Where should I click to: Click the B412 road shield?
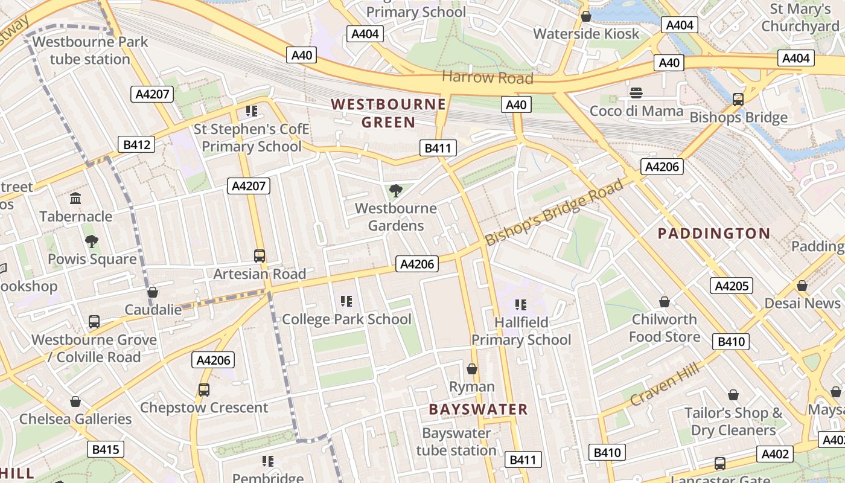[x=136, y=144]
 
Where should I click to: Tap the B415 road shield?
[x=106, y=449]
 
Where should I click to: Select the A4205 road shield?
[x=731, y=286]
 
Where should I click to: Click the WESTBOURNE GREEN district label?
[x=389, y=113]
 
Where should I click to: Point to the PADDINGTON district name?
[x=714, y=234]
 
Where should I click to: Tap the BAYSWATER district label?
[x=478, y=409]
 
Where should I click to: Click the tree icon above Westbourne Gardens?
[x=396, y=191]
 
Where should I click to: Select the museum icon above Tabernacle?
[x=75, y=199]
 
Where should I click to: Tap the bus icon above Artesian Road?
[x=260, y=256]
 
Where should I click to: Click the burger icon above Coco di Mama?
[x=636, y=93]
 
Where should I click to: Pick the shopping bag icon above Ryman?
[x=472, y=369]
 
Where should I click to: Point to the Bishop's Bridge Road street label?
[x=554, y=212]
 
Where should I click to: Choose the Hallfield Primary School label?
[x=521, y=331]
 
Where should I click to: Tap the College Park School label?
[x=346, y=319]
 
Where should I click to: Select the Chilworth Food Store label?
[x=665, y=327]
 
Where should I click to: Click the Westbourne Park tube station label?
[x=90, y=51]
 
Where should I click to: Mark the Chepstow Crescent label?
[x=204, y=408]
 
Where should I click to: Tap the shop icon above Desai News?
[x=802, y=286]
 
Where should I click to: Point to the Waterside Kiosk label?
[x=585, y=34]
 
